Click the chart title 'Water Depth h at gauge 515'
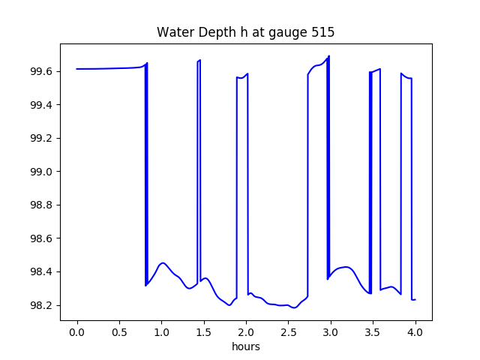(245, 33)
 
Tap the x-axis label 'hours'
(246, 347)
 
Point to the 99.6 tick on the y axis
(43, 71)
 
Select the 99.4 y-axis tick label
(43, 105)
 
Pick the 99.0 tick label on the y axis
(43, 172)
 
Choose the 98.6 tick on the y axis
(43, 238)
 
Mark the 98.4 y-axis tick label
(43, 271)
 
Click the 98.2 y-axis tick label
(43, 305)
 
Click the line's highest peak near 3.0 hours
(328, 56)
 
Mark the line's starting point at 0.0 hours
(77, 69)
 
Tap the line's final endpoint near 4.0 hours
(415, 300)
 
